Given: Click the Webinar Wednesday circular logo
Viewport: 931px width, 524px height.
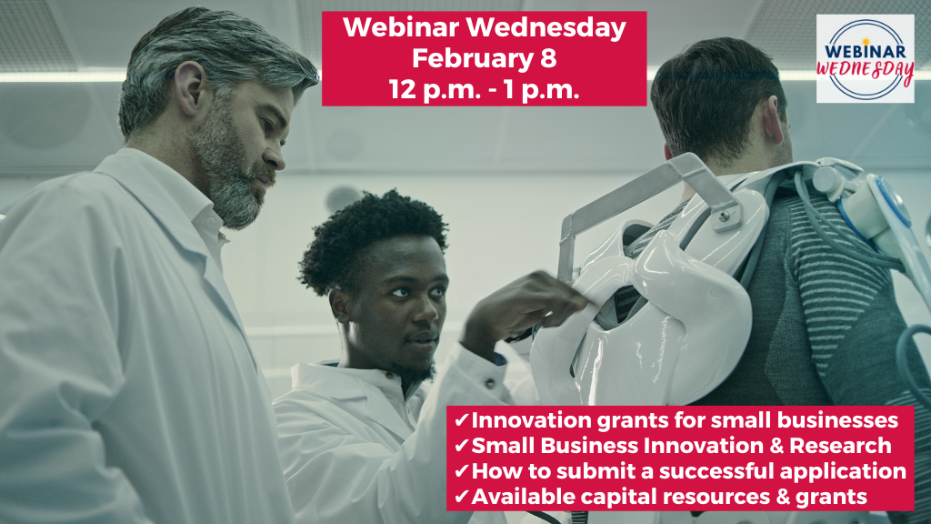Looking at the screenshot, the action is pos(866,58).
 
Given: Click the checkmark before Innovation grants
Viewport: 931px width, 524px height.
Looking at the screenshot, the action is pos(461,420).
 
